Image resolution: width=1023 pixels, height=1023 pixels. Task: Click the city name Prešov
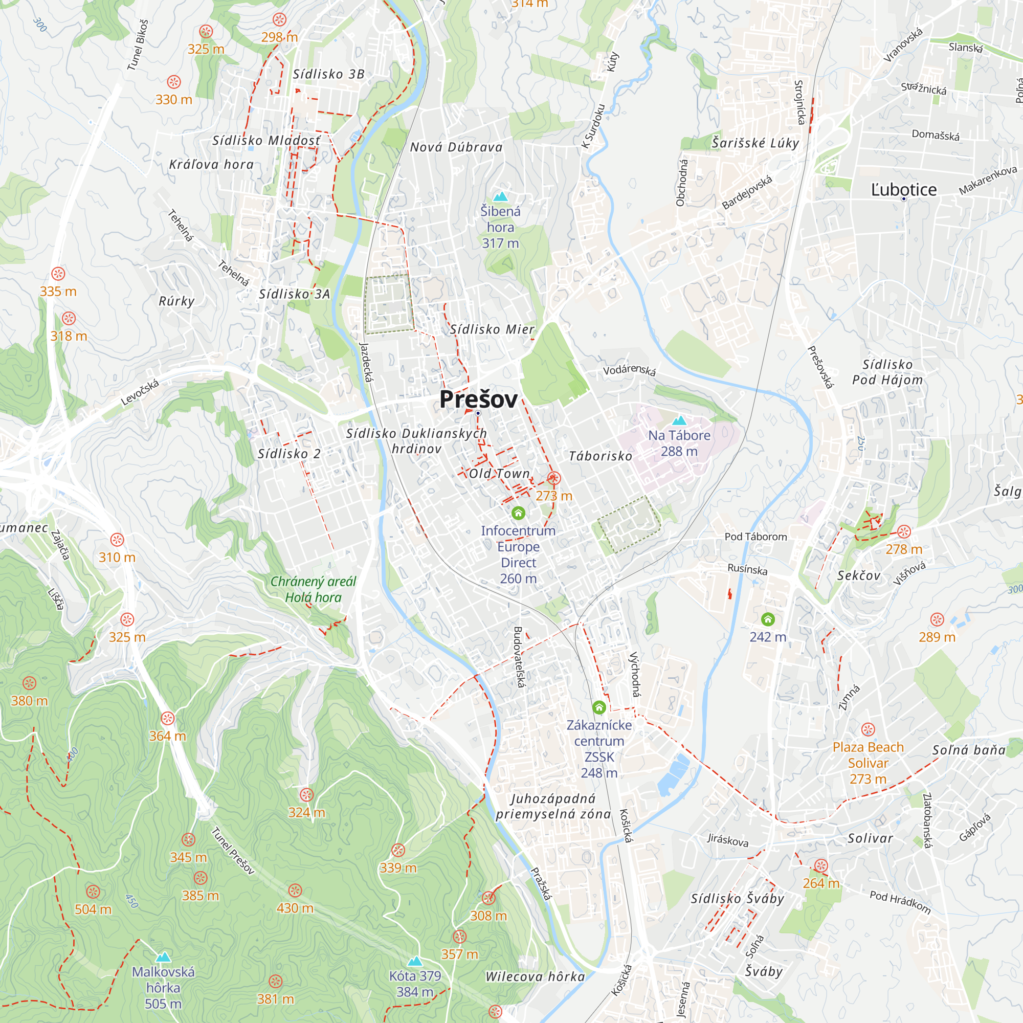[478, 399]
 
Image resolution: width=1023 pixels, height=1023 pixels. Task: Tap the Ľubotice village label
[903, 190]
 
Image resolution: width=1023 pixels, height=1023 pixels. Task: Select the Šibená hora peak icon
[500, 197]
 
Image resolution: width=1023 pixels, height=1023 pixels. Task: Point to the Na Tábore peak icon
[679, 421]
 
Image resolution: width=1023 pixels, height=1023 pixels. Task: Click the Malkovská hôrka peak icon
[163, 957]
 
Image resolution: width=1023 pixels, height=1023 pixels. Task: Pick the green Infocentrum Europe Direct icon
[518, 513]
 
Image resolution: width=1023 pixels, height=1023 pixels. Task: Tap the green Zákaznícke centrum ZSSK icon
[599, 707]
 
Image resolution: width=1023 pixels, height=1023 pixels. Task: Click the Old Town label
[499, 473]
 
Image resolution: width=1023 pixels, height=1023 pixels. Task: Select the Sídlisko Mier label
[492, 329]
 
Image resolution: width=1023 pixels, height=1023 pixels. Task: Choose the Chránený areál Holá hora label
[313, 589]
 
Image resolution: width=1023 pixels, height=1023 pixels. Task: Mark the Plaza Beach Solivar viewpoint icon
[868, 729]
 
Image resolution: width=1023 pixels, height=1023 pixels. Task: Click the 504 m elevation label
[93, 909]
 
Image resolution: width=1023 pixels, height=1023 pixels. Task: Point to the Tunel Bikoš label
[138, 46]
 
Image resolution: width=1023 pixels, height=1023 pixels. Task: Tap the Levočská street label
[140, 392]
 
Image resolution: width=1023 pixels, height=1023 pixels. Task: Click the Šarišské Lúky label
[755, 143]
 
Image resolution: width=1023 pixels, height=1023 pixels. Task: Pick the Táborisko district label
[600, 456]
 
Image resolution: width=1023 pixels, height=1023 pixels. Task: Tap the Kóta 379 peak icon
[415, 961]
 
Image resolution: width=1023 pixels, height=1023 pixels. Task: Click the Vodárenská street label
[629, 369]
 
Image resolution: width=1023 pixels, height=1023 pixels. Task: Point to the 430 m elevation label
[295, 908]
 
